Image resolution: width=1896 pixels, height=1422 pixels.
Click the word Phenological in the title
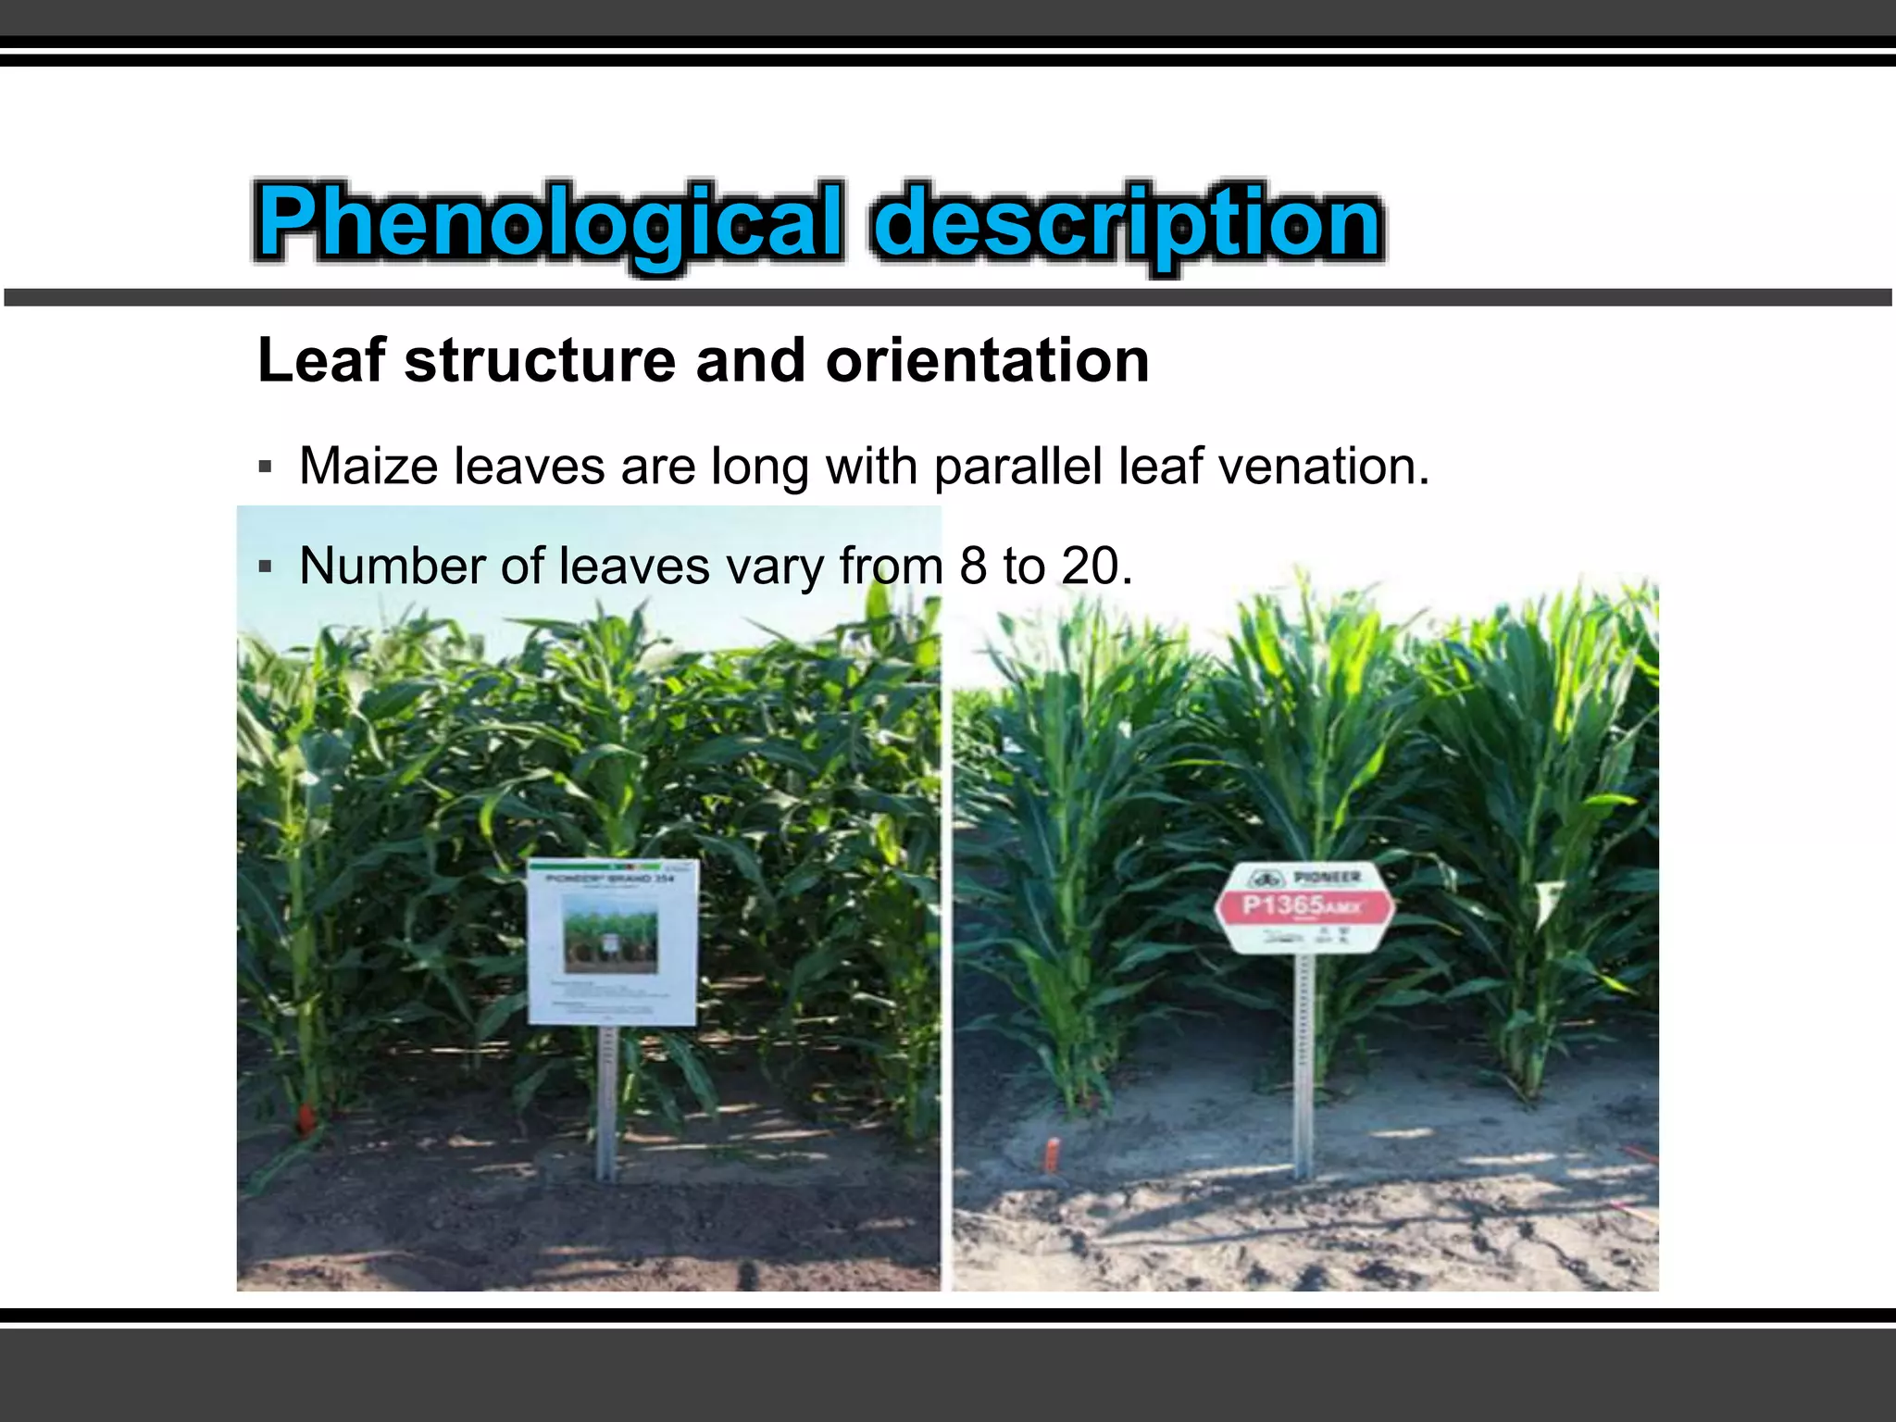coord(549,222)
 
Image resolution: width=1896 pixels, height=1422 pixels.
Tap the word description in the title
coord(1127,222)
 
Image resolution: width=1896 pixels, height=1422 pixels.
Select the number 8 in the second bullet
coord(973,566)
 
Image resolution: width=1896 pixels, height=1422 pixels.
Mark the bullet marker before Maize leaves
coord(266,467)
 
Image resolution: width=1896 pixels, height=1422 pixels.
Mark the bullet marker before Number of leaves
coord(266,567)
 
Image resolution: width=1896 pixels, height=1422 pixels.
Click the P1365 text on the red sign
coord(1282,904)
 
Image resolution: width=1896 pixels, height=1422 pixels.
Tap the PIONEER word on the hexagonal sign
coord(1327,877)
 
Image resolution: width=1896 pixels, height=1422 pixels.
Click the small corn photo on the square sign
coord(611,938)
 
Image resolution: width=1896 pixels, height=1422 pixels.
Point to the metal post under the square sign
coord(607,1102)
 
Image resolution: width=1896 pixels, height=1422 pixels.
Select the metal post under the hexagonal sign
coord(1304,1065)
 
